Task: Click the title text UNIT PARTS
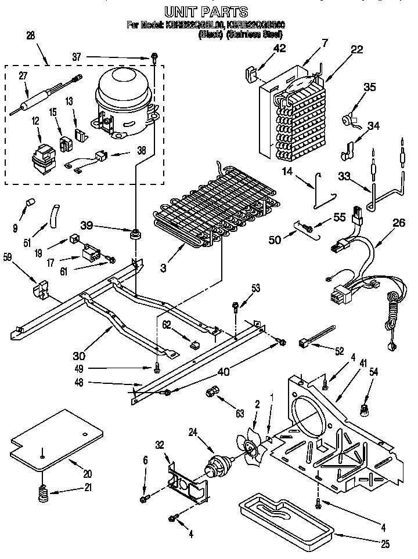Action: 206,10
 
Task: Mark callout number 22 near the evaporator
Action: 356,50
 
